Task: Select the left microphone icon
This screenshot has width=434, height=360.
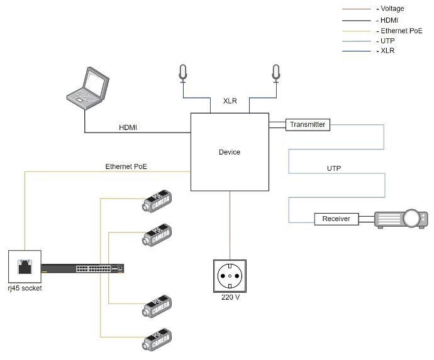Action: click(183, 73)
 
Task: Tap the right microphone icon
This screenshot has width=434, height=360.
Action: click(275, 73)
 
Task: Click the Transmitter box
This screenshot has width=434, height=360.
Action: click(308, 124)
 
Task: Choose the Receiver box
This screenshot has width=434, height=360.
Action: click(336, 219)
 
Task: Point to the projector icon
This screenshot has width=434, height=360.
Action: click(401, 219)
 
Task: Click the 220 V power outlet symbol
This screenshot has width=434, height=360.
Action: click(230, 276)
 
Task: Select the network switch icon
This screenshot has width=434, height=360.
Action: click(82, 268)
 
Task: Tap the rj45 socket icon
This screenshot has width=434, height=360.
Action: click(25, 266)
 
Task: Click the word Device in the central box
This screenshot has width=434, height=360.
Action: click(229, 152)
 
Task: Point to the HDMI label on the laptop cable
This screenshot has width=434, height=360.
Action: click(128, 128)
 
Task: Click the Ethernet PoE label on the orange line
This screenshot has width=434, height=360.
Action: click(126, 166)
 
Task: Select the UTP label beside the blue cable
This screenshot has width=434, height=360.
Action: click(334, 168)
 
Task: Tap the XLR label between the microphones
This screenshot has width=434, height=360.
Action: click(230, 101)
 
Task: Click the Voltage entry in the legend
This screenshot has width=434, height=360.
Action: click(392, 9)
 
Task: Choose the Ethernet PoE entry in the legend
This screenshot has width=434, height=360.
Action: click(401, 30)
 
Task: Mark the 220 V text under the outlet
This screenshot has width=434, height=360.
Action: click(230, 297)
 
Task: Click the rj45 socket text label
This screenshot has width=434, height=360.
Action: click(25, 288)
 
